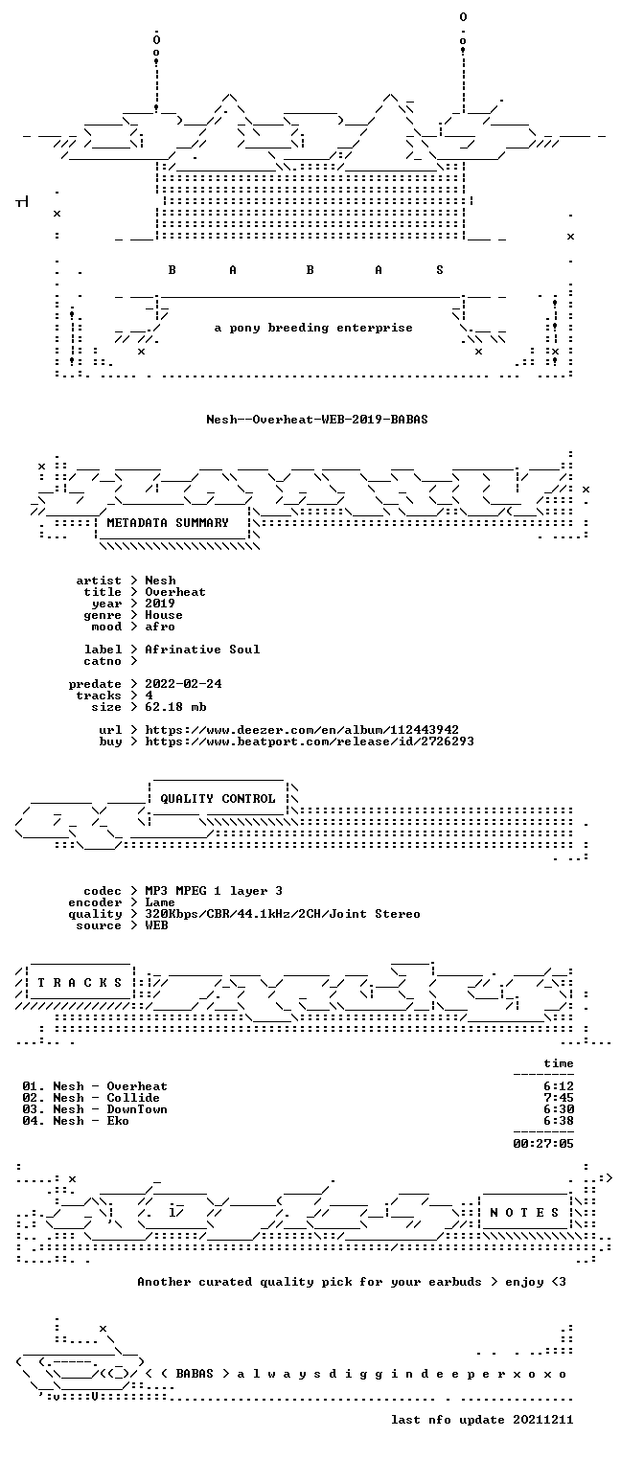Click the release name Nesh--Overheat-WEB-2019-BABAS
click(x=317, y=420)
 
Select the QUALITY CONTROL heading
click(x=218, y=798)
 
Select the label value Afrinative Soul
click(x=202, y=650)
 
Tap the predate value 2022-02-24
click(x=183, y=684)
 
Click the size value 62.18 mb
click(x=175, y=707)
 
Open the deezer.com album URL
click(x=302, y=730)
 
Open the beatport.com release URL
click(x=310, y=741)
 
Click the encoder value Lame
click(x=160, y=902)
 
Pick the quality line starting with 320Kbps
click(x=283, y=915)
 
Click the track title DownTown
click(x=137, y=1110)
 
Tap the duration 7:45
click(x=559, y=1098)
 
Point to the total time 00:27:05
click(x=543, y=1144)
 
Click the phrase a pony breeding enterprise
click(x=313, y=328)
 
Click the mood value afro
click(x=160, y=627)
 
